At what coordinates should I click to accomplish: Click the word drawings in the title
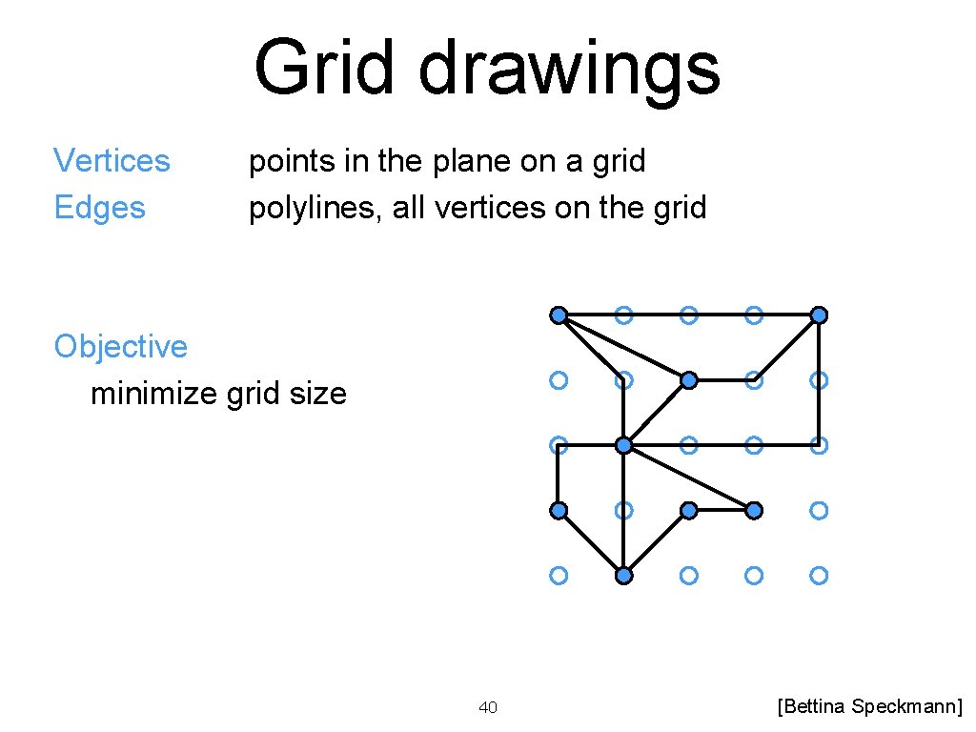(x=569, y=69)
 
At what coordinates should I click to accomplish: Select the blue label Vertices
(x=112, y=161)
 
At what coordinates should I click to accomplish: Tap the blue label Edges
(x=99, y=208)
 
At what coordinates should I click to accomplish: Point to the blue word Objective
(x=120, y=346)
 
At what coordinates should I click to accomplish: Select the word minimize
(x=153, y=393)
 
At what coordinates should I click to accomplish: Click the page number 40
(x=487, y=707)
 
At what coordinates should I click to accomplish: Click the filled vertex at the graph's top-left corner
(x=559, y=315)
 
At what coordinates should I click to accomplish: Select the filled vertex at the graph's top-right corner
(x=819, y=315)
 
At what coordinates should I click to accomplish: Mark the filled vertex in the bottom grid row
(x=623, y=576)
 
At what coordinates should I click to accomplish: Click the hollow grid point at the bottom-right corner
(x=819, y=576)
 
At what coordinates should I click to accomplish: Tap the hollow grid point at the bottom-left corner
(x=559, y=576)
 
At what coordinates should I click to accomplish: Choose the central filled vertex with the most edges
(x=623, y=445)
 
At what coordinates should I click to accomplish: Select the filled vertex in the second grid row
(x=689, y=380)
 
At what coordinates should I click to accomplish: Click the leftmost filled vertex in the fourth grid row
(x=559, y=510)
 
